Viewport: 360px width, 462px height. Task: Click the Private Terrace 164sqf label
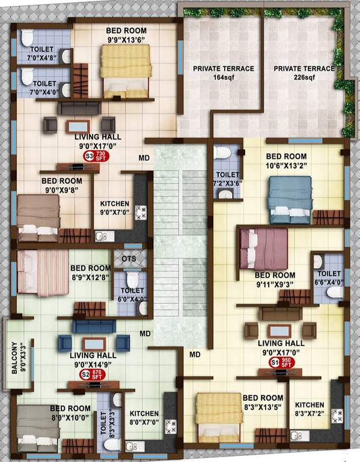224,73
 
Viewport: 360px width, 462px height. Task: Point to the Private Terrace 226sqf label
304,73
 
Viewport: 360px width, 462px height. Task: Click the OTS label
129,259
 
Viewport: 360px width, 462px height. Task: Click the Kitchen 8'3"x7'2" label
310,409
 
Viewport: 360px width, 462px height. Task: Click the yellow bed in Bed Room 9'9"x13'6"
126,70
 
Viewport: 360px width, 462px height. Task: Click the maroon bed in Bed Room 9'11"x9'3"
263,248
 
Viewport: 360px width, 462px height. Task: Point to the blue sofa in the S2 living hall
93,325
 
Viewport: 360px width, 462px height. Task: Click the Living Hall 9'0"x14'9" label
94,360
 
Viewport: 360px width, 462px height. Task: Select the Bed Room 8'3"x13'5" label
263,402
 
